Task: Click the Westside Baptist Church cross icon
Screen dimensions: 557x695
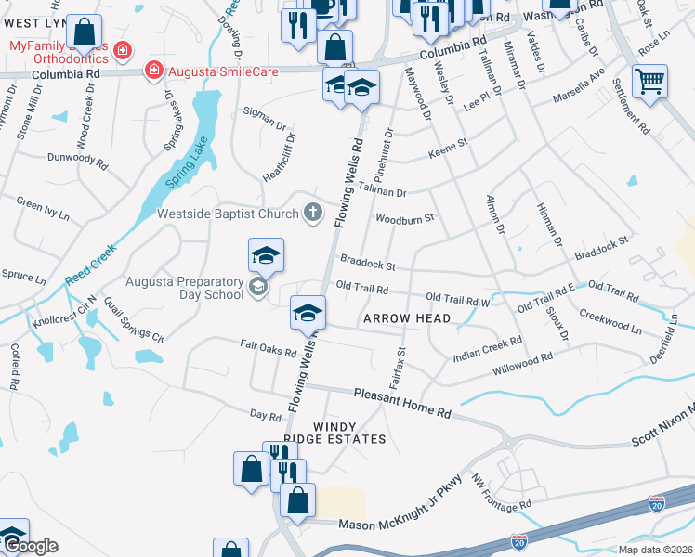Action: coord(314,214)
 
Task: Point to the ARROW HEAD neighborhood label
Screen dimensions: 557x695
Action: coord(407,318)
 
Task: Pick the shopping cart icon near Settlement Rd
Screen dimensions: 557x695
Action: coord(649,81)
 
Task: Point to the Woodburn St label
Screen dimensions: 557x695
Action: coord(404,219)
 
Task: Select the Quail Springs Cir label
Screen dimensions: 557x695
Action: coord(133,319)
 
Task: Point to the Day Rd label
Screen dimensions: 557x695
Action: coord(265,414)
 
